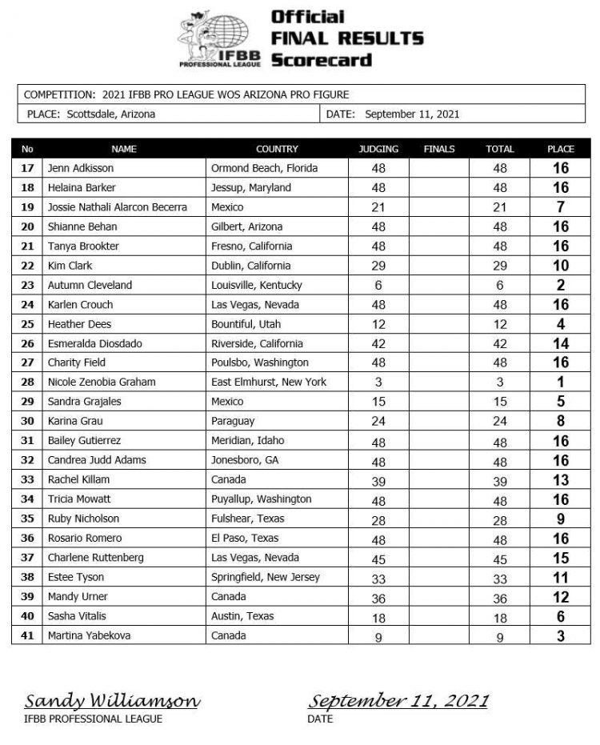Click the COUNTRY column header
[x=277, y=149]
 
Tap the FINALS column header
[x=439, y=149]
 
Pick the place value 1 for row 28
[x=560, y=383]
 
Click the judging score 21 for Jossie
[x=378, y=207]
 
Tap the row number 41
[x=28, y=635]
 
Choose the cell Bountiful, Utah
[x=246, y=324]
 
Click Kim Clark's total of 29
[x=500, y=266]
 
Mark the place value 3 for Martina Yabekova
[x=560, y=636]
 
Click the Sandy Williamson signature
[x=112, y=702]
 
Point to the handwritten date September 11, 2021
[x=398, y=702]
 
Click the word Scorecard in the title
[x=322, y=59]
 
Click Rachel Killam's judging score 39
[x=378, y=480]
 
